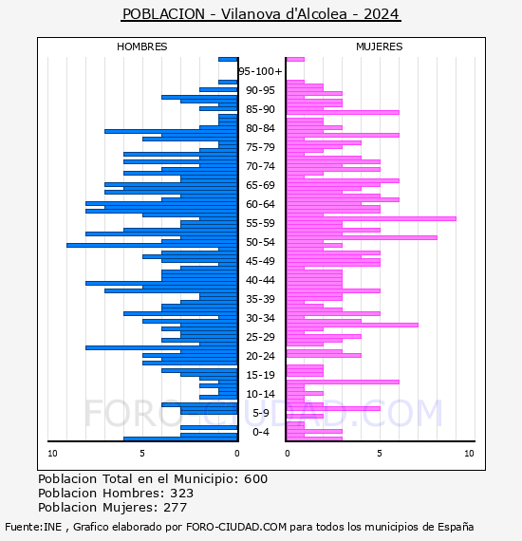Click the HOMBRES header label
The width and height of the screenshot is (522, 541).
[x=141, y=47]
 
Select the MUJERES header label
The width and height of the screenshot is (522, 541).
[x=380, y=47]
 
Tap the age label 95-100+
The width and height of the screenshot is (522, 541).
[x=260, y=71]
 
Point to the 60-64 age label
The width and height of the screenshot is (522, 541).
[x=260, y=204]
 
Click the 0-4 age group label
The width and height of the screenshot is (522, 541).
[x=260, y=432]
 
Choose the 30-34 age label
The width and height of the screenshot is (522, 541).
[x=260, y=318]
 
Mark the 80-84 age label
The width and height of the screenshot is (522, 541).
[x=260, y=128]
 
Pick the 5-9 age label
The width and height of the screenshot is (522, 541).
[x=260, y=413]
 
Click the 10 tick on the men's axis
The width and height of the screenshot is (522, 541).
[x=52, y=454]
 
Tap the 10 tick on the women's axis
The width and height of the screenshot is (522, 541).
[x=469, y=454]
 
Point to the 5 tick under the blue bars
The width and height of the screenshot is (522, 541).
[x=142, y=454]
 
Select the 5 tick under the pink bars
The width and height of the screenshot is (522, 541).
[x=380, y=454]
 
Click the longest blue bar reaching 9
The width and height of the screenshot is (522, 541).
[x=152, y=245]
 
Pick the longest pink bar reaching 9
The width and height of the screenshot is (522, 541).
[x=371, y=218]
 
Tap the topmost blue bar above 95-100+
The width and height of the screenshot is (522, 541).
[x=228, y=60]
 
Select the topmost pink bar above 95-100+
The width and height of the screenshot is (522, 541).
[x=295, y=60]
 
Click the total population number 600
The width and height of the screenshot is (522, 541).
[x=255, y=479]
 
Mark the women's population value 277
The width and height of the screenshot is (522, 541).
[x=176, y=508]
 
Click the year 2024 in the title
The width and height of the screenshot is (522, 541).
[x=382, y=14]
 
